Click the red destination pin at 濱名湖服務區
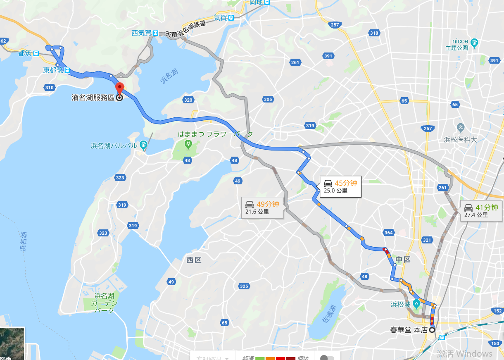pos(119,88)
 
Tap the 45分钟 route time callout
pos(340,186)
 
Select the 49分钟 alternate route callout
pos(262,207)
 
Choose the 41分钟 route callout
pos(480,211)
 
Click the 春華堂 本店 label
pos(409,330)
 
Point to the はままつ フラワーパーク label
pos(215,134)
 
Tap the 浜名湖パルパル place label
pos(114,145)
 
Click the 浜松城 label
pos(400,305)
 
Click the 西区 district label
pos(193,260)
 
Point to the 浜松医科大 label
pos(461,139)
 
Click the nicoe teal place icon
pos(474,41)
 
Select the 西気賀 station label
pos(141,33)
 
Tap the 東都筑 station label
pos(54,70)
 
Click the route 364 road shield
pos(388,233)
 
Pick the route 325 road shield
pos(244,286)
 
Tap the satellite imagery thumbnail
pos(12,343)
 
